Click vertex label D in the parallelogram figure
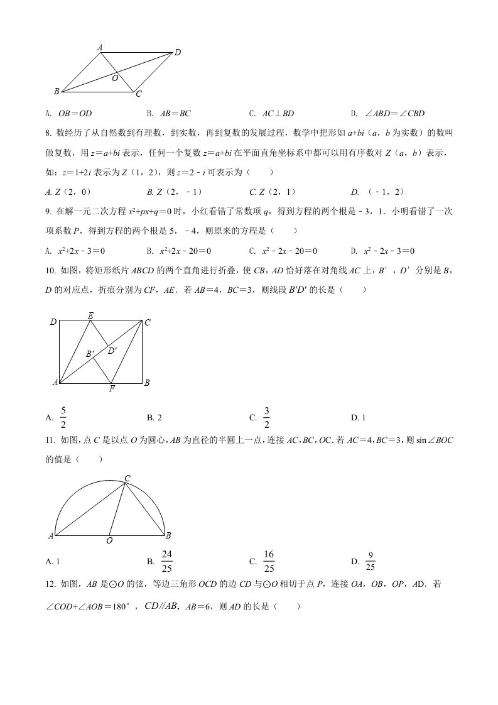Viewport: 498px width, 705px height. point(178,53)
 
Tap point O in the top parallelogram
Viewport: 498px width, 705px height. point(115,79)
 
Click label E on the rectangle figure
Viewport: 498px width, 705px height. point(90,315)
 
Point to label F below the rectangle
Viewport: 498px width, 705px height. point(111,389)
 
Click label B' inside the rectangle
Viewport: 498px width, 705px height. point(90,354)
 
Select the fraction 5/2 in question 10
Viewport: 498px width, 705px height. point(63,417)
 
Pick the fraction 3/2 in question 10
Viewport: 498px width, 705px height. point(266,417)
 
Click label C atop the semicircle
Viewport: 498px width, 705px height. point(127,479)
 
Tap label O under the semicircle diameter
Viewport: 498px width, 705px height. point(109,540)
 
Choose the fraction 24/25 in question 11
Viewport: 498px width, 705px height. point(167,561)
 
